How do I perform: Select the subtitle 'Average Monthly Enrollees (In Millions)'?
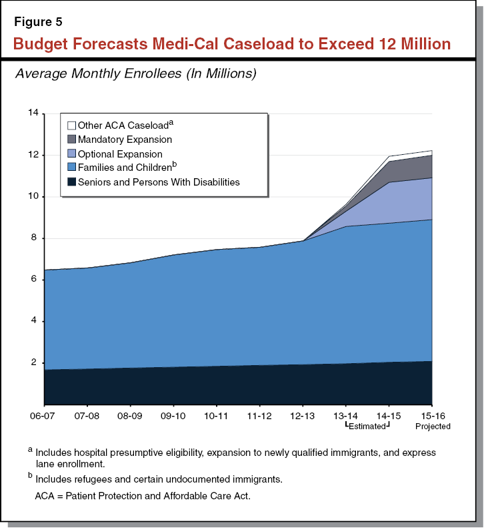[x=135, y=74]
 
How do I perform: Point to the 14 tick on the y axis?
[x=33, y=113]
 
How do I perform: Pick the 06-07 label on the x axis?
[x=44, y=415]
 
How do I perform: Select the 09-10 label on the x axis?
[x=173, y=415]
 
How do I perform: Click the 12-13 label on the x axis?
[x=303, y=415]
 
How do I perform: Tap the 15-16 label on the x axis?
[x=432, y=415]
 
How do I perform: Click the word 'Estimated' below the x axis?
[x=367, y=425]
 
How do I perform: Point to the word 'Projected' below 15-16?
[x=433, y=426]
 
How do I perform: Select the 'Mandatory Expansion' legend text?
[x=125, y=140]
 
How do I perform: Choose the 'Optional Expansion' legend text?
[x=120, y=154]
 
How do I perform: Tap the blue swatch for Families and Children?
[x=71, y=168]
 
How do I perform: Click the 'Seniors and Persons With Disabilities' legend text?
[x=159, y=182]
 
